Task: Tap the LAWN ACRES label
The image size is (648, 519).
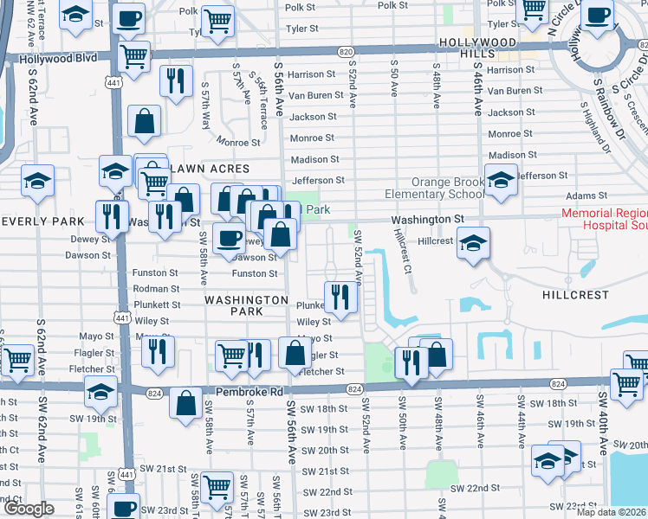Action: (211, 169)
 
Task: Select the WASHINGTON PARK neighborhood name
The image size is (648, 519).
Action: (246, 305)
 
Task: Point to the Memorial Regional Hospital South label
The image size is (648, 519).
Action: (604, 218)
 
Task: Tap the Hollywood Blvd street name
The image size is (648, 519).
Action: (55, 60)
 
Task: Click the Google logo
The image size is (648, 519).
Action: (29, 509)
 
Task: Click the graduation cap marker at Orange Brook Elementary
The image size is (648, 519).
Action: (501, 181)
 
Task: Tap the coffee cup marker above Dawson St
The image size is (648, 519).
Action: (229, 238)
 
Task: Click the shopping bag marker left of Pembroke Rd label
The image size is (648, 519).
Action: (186, 402)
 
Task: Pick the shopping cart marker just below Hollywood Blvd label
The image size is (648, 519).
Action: (133, 58)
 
